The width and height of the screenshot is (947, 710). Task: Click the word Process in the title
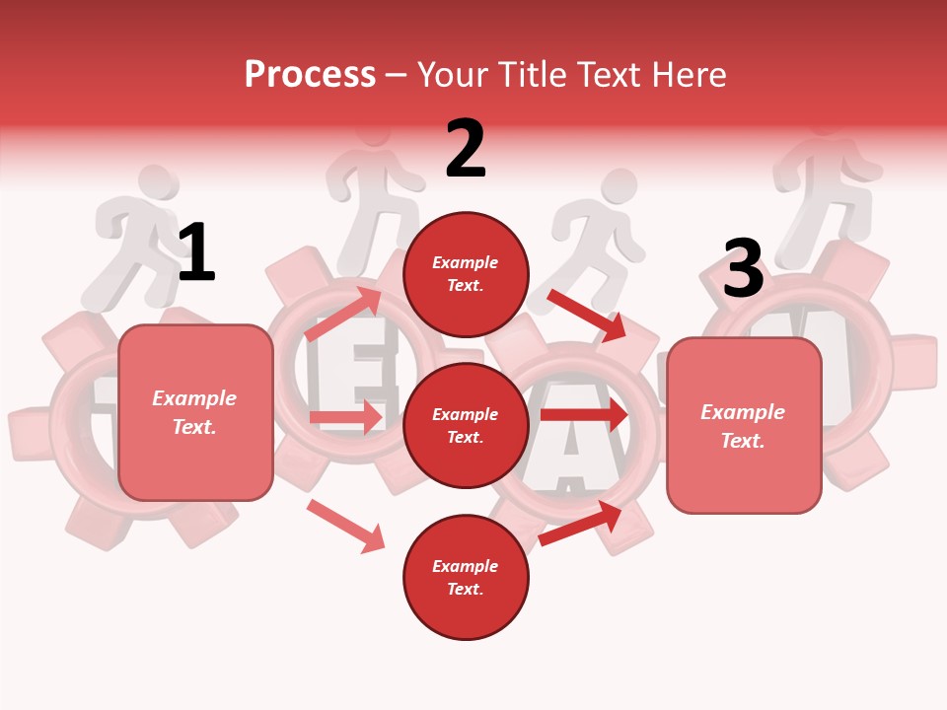pyautogui.click(x=310, y=75)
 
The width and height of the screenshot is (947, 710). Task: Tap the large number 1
pyautogui.click(x=196, y=253)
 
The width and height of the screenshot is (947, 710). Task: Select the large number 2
pyautogui.click(x=466, y=149)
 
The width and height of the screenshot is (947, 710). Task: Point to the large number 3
pyautogui.click(x=743, y=269)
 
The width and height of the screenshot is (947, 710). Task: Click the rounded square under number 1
pyautogui.click(x=195, y=412)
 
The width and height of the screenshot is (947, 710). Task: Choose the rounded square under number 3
pyautogui.click(x=744, y=425)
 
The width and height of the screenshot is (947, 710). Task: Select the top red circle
pyautogui.click(x=466, y=274)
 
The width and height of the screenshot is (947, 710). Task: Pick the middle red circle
pyautogui.click(x=466, y=425)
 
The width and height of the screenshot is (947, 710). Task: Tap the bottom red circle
pyautogui.click(x=466, y=577)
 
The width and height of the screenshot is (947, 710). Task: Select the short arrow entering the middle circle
pyautogui.click(x=345, y=418)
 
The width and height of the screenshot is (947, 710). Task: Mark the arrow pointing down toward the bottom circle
pyautogui.click(x=345, y=525)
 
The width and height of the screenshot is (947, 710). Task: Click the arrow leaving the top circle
pyautogui.click(x=587, y=315)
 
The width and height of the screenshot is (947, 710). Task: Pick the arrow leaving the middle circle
pyautogui.click(x=584, y=415)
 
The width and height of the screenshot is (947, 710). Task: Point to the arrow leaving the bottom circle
pyautogui.click(x=580, y=523)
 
